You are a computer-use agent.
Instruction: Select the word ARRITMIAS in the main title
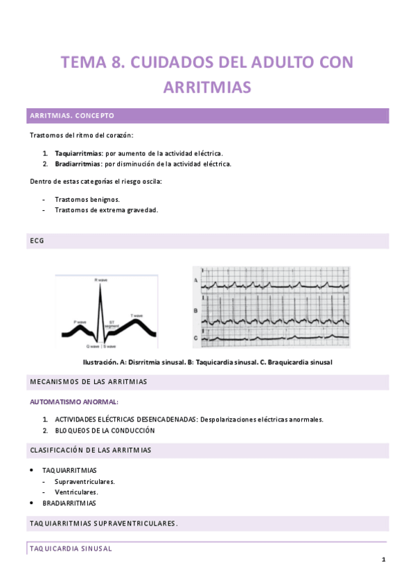pyautogui.click(x=207, y=88)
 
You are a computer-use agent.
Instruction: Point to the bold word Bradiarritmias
pyautogui.click(x=78, y=164)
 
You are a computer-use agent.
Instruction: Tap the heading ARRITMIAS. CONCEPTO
pyautogui.click(x=71, y=116)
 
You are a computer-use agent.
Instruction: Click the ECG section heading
pyautogui.click(x=37, y=241)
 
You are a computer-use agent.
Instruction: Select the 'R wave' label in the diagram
pyautogui.click(x=101, y=279)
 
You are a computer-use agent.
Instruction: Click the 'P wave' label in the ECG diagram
pyautogui.click(x=80, y=322)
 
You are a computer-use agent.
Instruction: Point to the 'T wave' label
pyautogui.click(x=137, y=315)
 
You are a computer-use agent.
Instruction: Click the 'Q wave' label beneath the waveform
pyautogui.click(x=94, y=345)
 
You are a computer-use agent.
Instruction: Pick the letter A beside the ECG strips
pyautogui.click(x=196, y=280)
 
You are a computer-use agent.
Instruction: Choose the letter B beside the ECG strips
pyautogui.click(x=196, y=310)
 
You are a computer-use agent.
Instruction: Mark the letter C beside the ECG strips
pyautogui.click(x=196, y=338)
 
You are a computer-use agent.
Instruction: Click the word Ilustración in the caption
pyautogui.click(x=100, y=363)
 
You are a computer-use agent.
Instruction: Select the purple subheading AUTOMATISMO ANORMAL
pyautogui.click(x=74, y=401)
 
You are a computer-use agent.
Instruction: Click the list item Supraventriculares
pyautogui.click(x=85, y=481)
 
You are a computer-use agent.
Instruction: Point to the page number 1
pyautogui.click(x=383, y=560)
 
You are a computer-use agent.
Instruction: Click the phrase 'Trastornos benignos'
pyautogui.click(x=87, y=199)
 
